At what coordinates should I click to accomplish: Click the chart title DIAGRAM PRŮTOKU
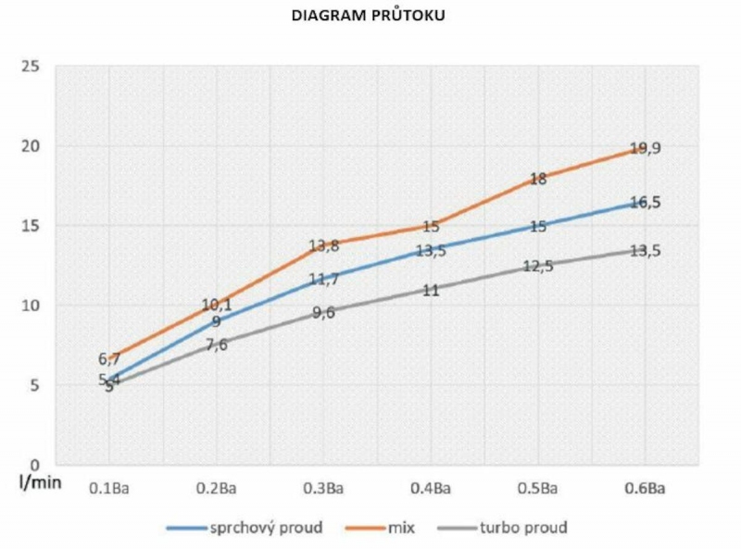[x=369, y=16]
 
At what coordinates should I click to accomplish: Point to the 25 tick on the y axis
[x=31, y=67]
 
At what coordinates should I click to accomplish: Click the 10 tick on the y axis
[x=31, y=306]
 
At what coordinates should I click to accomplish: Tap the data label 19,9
[x=645, y=148]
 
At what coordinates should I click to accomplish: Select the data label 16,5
[x=645, y=203]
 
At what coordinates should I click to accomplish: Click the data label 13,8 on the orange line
[x=323, y=246]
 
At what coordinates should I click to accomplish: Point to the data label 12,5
[x=537, y=267]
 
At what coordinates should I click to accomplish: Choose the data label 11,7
[x=323, y=278]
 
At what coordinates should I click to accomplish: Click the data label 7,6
[x=216, y=345]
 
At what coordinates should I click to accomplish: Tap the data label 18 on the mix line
[x=537, y=180]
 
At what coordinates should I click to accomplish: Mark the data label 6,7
[x=109, y=359]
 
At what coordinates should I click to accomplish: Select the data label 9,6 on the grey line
[x=323, y=313]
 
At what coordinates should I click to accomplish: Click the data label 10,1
[x=216, y=305]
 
